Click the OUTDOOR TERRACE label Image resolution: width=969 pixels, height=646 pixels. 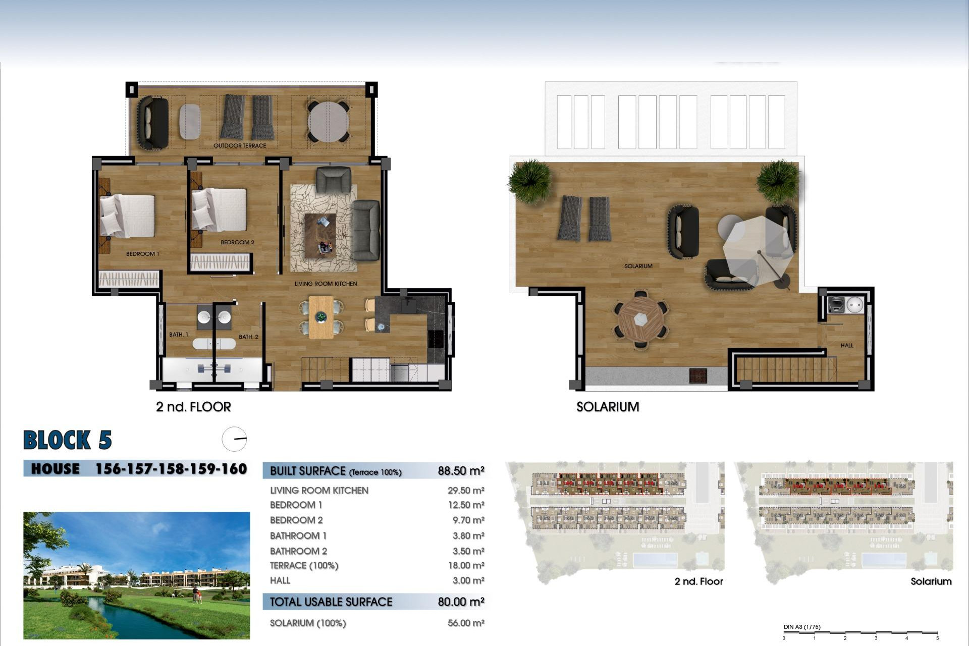(x=239, y=146)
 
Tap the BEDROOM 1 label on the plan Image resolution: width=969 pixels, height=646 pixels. (x=142, y=254)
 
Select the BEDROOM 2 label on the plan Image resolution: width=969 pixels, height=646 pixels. (x=237, y=242)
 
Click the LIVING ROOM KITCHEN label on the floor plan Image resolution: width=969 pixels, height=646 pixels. (x=326, y=284)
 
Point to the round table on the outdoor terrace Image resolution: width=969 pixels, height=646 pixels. (x=328, y=122)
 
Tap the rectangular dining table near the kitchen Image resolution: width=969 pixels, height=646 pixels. (x=321, y=317)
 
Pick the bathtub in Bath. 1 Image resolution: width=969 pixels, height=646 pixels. (x=213, y=344)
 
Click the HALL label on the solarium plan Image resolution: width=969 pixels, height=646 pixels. (x=847, y=346)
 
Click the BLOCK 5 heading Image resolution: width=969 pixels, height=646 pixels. (x=68, y=440)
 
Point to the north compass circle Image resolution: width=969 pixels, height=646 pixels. (x=234, y=439)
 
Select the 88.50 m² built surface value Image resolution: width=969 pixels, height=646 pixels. (x=461, y=471)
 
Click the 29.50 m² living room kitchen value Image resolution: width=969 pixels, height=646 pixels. (x=465, y=491)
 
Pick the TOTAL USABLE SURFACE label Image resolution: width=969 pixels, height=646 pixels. (x=331, y=602)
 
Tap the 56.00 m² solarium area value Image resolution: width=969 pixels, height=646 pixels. (x=465, y=623)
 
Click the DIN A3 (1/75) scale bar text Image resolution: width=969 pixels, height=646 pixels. (x=802, y=627)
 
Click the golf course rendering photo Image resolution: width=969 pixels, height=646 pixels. (x=136, y=575)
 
